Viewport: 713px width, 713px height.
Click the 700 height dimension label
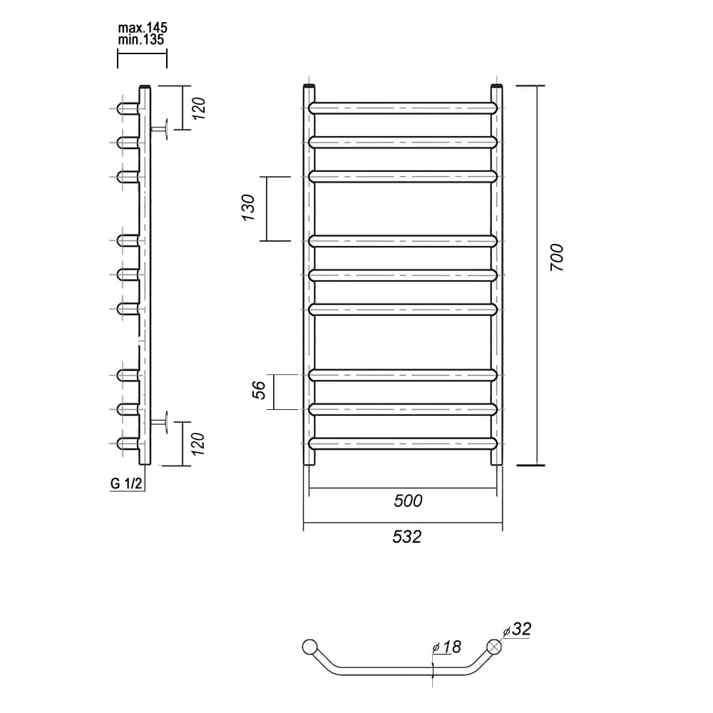[557, 257]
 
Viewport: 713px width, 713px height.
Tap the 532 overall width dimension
[407, 537]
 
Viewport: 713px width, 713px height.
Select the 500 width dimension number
[408, 501]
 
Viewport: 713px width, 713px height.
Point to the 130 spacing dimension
[248, 207]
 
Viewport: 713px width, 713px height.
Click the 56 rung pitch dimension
[259, 390]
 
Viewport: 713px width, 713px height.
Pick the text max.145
[143, 27]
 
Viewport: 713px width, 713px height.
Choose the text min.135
[141, 39]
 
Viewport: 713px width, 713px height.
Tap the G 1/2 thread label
[126, 483]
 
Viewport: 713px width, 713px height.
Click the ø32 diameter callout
[517, 629]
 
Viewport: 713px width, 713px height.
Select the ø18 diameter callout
[447, 647]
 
